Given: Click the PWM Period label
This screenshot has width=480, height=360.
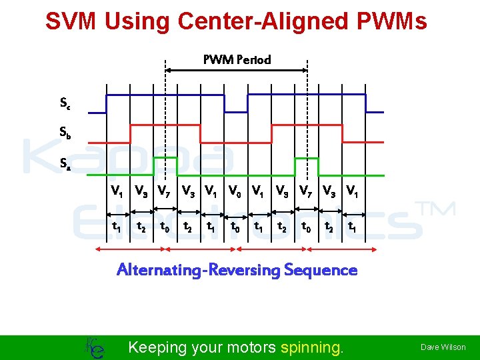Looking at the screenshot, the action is pos(237,59).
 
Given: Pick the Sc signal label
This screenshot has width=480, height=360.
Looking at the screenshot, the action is pos(65,103).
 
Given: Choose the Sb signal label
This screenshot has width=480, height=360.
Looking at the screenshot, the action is pos(65,133).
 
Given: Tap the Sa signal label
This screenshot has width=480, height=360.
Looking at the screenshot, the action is pos(65,162).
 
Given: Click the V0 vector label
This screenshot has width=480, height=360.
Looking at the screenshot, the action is pos(235,191).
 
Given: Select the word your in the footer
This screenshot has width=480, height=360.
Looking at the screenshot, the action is pos(208,347).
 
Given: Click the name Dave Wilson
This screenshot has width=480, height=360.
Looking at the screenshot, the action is pos(443,347).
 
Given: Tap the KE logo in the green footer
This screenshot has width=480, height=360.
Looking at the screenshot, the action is pos(95,347).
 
